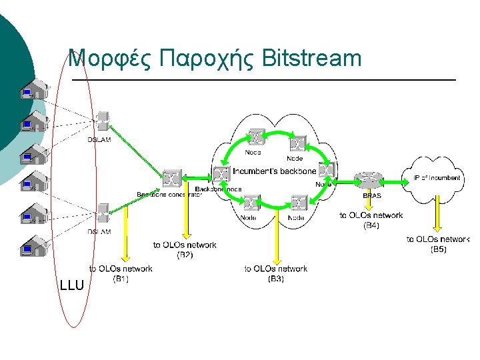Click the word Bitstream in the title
point(312,59)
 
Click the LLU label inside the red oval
point(71,286)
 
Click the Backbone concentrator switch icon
point(172,178)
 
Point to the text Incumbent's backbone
point(274,171)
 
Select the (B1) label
point(121,279)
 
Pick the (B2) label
point(185,255)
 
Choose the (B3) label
point(276,279)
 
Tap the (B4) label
point(371,225)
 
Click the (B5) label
point(438,249)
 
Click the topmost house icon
point(34,90)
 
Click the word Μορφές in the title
point(112,59)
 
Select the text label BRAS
point(371,196)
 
